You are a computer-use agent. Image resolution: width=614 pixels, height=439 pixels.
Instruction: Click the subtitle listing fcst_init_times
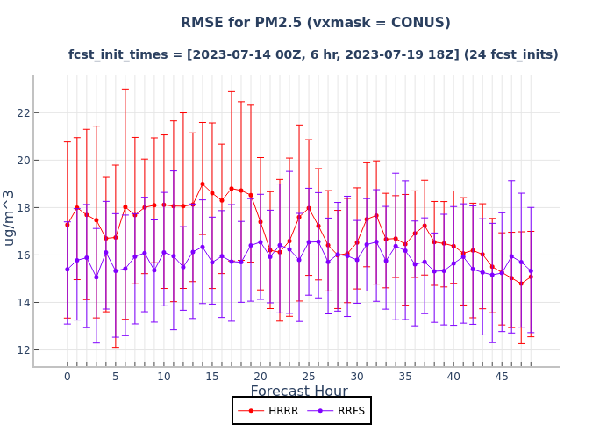click(313, 54)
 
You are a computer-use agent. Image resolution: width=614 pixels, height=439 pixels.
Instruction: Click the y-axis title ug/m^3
click(10, 217)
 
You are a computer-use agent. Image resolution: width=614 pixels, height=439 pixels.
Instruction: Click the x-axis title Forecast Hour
click(299, 392)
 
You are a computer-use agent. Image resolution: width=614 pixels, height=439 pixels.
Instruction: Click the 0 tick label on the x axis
click(67, 377)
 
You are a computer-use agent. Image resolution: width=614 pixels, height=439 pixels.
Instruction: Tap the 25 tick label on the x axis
click(309, 377)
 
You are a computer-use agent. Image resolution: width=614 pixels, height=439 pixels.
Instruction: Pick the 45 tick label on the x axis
click(502, 377)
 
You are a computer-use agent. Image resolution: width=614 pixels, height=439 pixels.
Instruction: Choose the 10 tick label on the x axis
click(163, 377)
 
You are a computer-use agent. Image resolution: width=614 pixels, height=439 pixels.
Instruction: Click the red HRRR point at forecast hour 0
click(67, 224)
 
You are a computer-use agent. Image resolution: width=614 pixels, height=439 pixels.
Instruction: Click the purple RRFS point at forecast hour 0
click(67, 269)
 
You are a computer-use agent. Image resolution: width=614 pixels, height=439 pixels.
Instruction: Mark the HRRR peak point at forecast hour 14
click(203, 184)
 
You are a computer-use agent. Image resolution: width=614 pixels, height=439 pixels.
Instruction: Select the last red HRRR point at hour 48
click(531, 277)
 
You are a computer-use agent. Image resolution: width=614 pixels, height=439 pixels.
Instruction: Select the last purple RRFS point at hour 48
click(531, 270)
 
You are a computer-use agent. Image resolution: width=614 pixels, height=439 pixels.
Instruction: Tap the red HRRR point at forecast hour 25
click(309, 208)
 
